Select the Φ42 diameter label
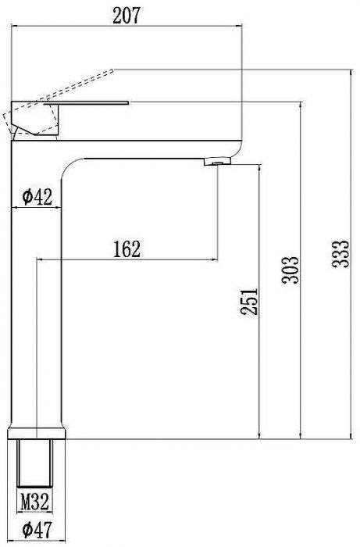pos(37,197)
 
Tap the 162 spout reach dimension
pos(127,249)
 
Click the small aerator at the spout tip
pos(216,162)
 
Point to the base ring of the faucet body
pos(37,433)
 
